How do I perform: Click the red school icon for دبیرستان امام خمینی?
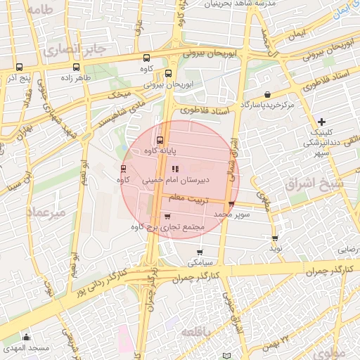175,168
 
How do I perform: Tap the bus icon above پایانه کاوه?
160,139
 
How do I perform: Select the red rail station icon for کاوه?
124,169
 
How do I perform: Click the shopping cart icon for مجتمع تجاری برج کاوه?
167,217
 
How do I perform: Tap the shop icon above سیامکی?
200,252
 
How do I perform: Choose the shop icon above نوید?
275,238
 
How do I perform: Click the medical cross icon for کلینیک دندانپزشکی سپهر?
322,122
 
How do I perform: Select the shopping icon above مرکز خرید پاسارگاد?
267,94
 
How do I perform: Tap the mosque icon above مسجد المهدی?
27,337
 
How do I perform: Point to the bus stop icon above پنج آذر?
17,68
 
